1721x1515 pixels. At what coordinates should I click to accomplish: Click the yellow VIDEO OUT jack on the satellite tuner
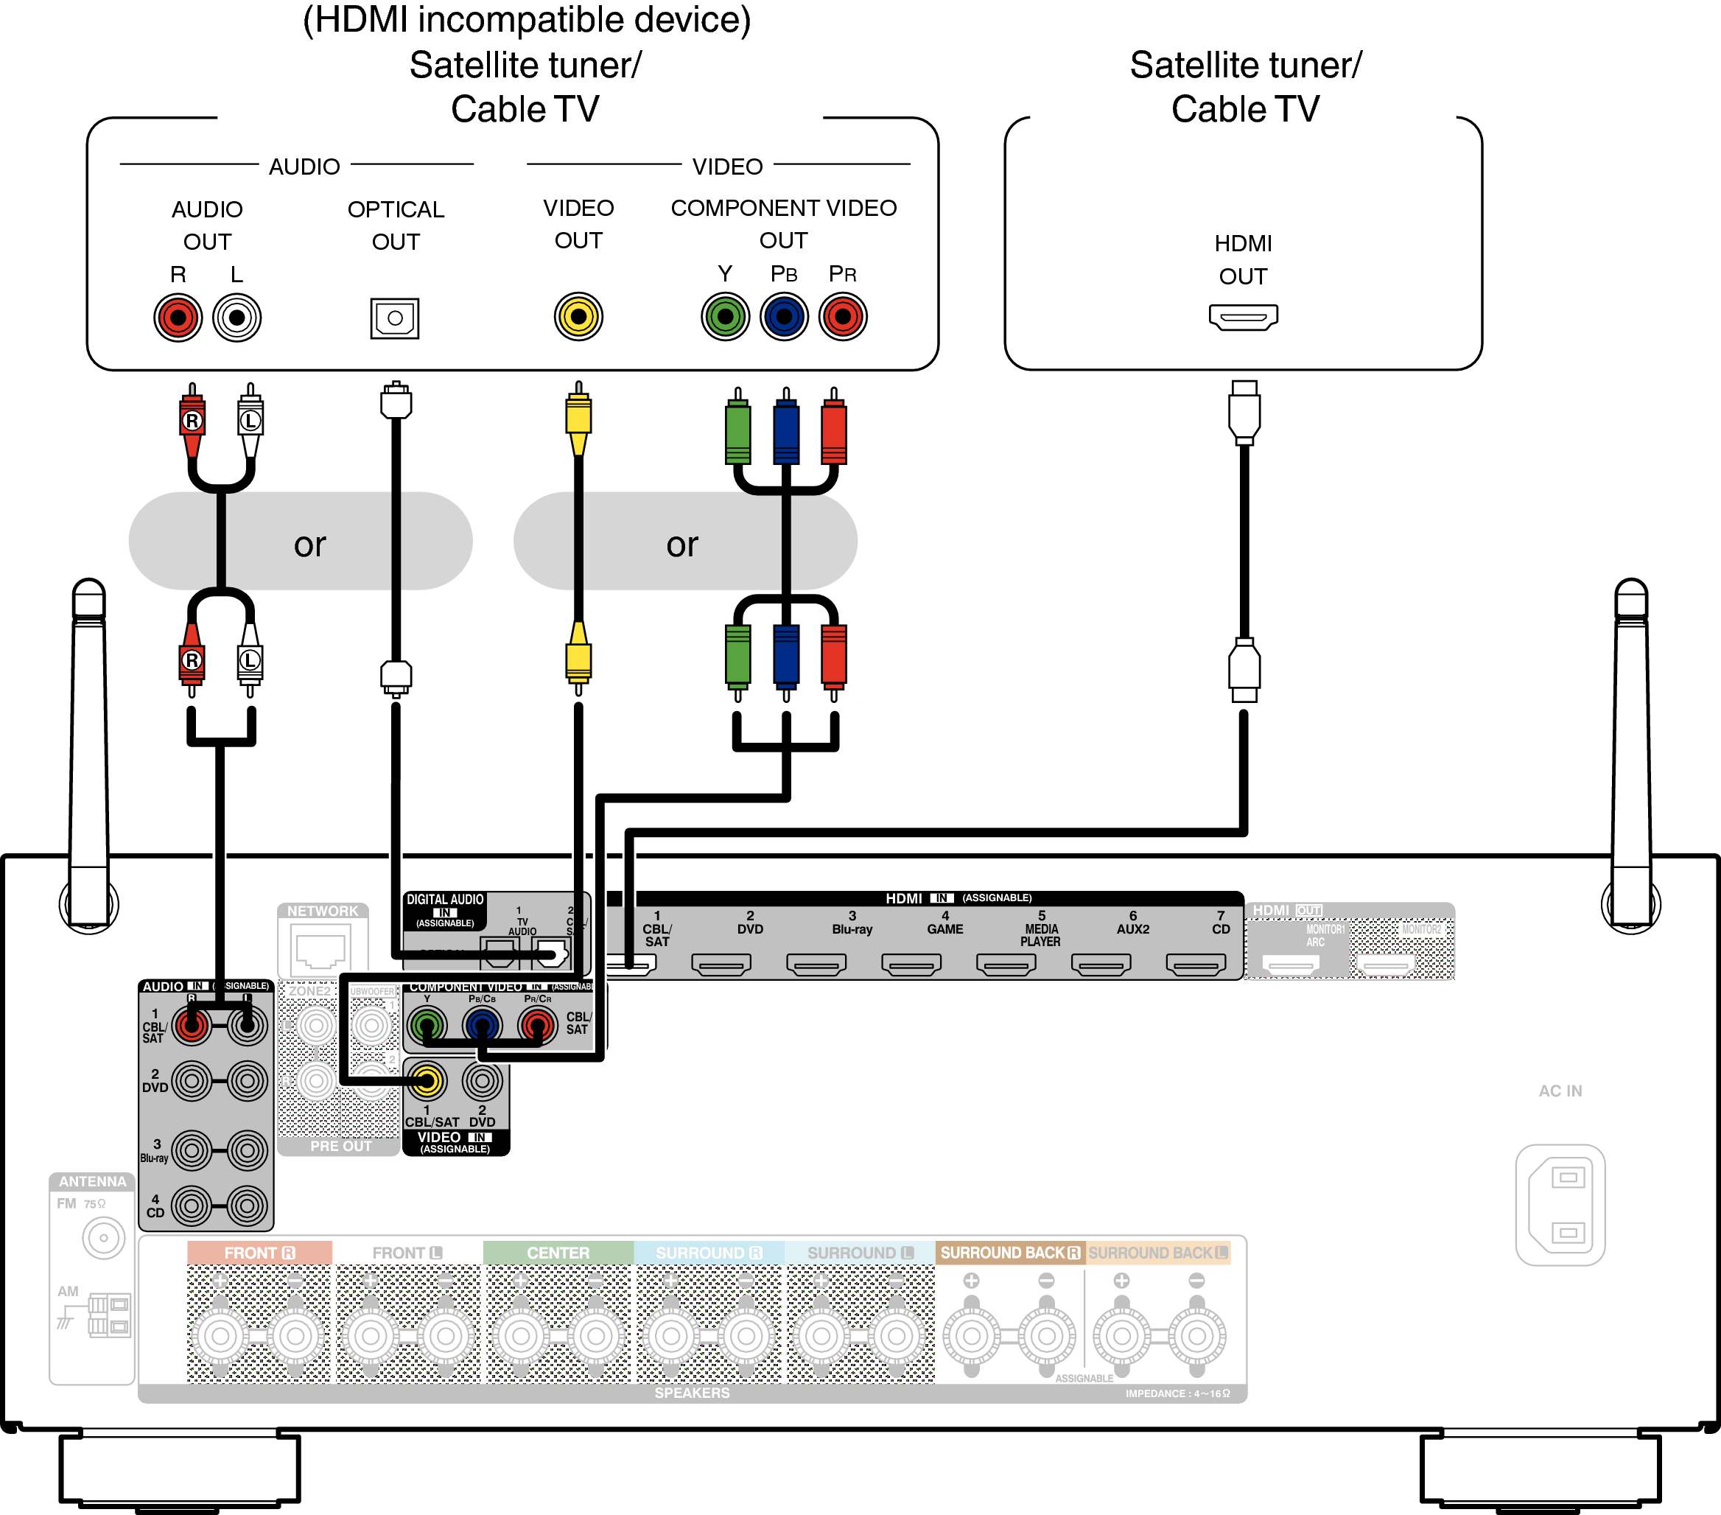(578, 317)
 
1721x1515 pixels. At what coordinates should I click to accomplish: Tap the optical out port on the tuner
(395, 318)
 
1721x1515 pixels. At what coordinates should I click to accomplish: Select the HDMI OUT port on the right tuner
(1243, 317)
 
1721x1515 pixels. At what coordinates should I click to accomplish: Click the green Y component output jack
(725, 317)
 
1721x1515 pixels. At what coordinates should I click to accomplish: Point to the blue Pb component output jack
(784, 317)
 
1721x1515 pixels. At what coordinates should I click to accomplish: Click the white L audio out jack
(236, 318)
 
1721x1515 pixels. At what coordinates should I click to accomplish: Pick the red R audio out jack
(178, 318)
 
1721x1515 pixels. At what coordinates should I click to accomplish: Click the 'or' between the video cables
(682, 544)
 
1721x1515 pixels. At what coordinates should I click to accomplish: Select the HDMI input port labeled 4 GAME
(911, 963)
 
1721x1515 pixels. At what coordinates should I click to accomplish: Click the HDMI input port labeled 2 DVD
(721, 963)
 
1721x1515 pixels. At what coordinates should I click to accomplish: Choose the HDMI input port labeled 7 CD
(1196, 963)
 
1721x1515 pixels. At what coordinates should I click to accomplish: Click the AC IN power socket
(1560, 1204)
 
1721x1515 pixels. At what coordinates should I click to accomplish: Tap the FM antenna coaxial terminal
(104, 1238)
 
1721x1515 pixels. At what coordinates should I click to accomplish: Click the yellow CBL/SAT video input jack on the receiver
(427, 1081)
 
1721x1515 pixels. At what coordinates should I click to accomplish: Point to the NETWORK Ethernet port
(320, 950)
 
